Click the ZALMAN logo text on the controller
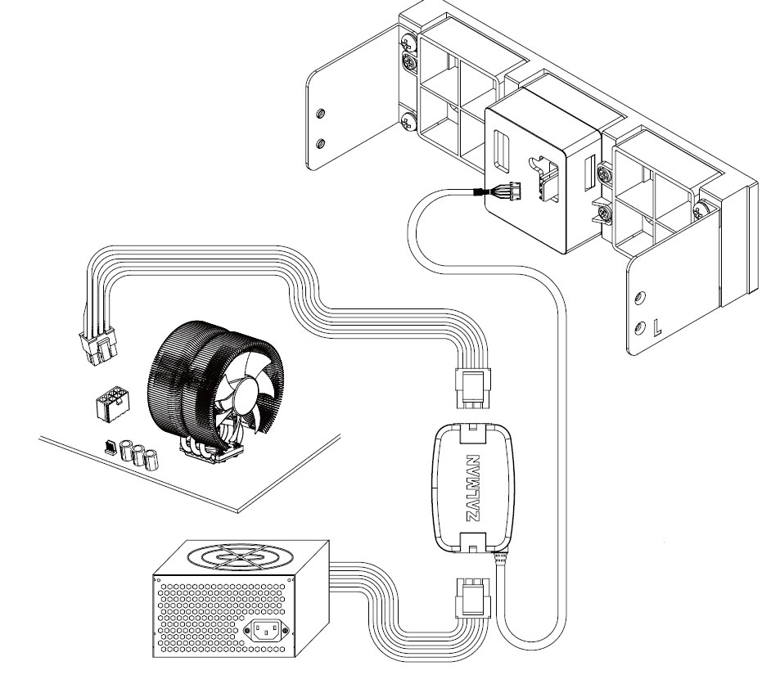(473, 488)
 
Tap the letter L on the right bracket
(657, 327)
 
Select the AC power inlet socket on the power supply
(266, 631)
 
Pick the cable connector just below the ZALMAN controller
(472, 598)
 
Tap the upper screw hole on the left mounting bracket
(321, 114)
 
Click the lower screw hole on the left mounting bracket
(321, 144)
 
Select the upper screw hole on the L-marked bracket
(641, 298)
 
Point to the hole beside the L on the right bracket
(640, 328)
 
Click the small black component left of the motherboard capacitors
(110, 446)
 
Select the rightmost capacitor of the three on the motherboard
(151, 460)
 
